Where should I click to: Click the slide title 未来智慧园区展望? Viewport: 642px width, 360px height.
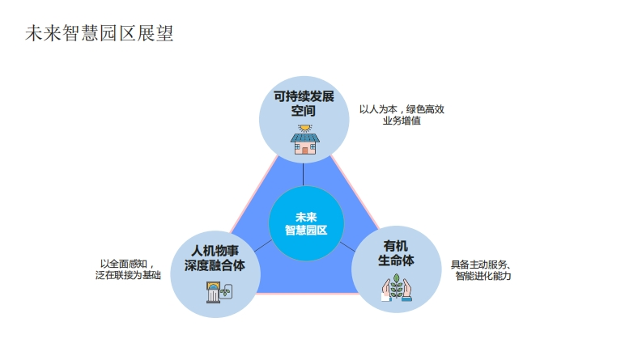pyautogui.click(x=100, y=33)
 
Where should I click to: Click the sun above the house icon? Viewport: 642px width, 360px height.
pyautogui.click(x=305, y=129)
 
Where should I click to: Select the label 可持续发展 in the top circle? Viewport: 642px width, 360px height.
pyautogui.click(x=304, y=96)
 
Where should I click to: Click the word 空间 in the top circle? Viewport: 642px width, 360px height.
pyautogui.click(x=304, y=111)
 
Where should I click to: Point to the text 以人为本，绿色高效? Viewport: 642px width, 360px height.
pyautogui.click(x=402, y=109)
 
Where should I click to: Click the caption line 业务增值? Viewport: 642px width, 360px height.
pyautogui.click(x=402, y=121)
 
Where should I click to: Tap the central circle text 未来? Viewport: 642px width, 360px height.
pyautogui.click(x=306, y=218)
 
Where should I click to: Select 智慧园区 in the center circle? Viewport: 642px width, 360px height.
pyautogui.click(x=306, y=231)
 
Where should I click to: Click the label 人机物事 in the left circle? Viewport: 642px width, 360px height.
pyautogui.click(x=215, y=251)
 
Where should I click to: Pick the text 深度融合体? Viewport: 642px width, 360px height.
pyautogui.click(x=215, y=265)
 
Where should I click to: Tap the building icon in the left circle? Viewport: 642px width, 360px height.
pyautogui.click(x=219, y=292)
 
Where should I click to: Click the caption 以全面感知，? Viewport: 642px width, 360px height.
pyautogui.click(x=127, y=264)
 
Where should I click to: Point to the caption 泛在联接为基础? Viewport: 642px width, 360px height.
pyautogui.click(x=128, y=275)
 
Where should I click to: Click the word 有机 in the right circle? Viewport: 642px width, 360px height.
pyautogui.click(x=396, y=246)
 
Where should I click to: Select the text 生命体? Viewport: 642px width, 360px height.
pyautogui.click(x=396, y=260)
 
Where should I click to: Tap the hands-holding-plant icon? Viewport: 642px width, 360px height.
pyautogui.click(x=397, y=287)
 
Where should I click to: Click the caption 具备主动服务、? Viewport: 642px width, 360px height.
pyautogui.click(x=481, y=265)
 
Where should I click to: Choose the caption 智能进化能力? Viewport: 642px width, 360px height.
pyautogui.click(x=483, y=276)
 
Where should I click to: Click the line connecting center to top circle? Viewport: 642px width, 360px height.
pyautogui.click(x=304, y=175)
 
